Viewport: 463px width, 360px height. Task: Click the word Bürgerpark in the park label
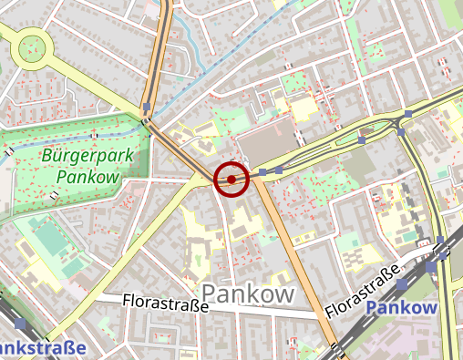87,155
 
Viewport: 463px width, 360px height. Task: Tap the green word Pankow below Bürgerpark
87,177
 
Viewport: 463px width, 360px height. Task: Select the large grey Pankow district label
248,293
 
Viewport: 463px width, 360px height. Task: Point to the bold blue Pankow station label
401,307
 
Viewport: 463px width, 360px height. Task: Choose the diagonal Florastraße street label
362,293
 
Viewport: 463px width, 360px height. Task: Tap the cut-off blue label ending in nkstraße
42,347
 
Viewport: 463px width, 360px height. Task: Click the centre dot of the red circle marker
231,179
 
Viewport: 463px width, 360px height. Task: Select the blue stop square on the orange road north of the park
147,108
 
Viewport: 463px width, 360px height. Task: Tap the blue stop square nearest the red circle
263,171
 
